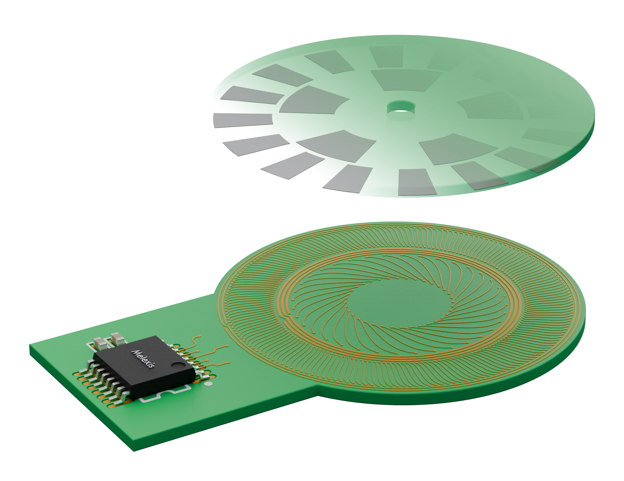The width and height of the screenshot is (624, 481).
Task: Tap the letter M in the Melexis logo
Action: pyautogui.click(x=135, y=352)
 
